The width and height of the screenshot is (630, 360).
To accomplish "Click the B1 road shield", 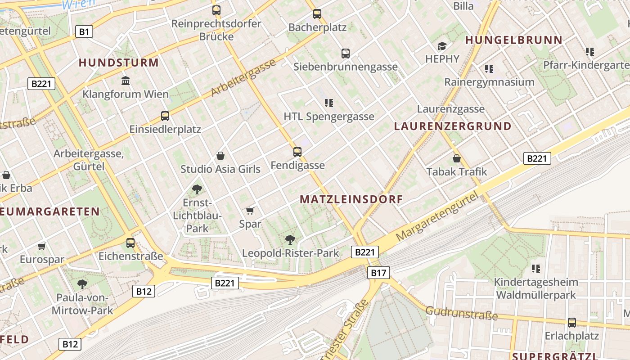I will tap(84, 31).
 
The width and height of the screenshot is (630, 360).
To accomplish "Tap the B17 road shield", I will tap(378, 272).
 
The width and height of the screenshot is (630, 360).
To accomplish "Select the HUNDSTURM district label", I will tap(119, 63).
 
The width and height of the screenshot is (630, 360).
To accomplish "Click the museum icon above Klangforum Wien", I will tap(126, 81).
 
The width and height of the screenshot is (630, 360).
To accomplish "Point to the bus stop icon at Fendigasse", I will tap(297, 152).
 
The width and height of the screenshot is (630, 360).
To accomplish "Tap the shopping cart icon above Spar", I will tap(250, 211).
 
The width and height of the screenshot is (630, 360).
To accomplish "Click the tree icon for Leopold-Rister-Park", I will tap(290, 240).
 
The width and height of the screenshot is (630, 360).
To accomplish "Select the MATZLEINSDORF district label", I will tap(351, 199).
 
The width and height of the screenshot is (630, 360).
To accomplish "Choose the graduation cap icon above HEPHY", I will tap(442, 46).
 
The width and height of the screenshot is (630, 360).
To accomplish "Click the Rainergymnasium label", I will tap(489, 82).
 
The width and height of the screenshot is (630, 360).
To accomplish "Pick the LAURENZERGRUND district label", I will tap(453, 126).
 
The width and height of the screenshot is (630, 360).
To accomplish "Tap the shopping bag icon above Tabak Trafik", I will tap(457, 158).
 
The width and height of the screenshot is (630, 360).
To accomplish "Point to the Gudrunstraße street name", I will tap(461, 313).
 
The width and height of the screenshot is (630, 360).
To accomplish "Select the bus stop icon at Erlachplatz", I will tap(571, 322).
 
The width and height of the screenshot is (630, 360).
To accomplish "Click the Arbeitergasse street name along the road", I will tap(243, 77).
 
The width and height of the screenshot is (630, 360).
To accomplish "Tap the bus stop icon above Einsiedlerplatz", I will tap(165, 116).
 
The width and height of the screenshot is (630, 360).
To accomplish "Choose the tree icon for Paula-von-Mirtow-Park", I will tap(82, 284).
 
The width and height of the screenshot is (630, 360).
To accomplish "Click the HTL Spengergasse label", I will tap(328, 117).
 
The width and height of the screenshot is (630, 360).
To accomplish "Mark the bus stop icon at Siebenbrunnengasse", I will tap(346, 54).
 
